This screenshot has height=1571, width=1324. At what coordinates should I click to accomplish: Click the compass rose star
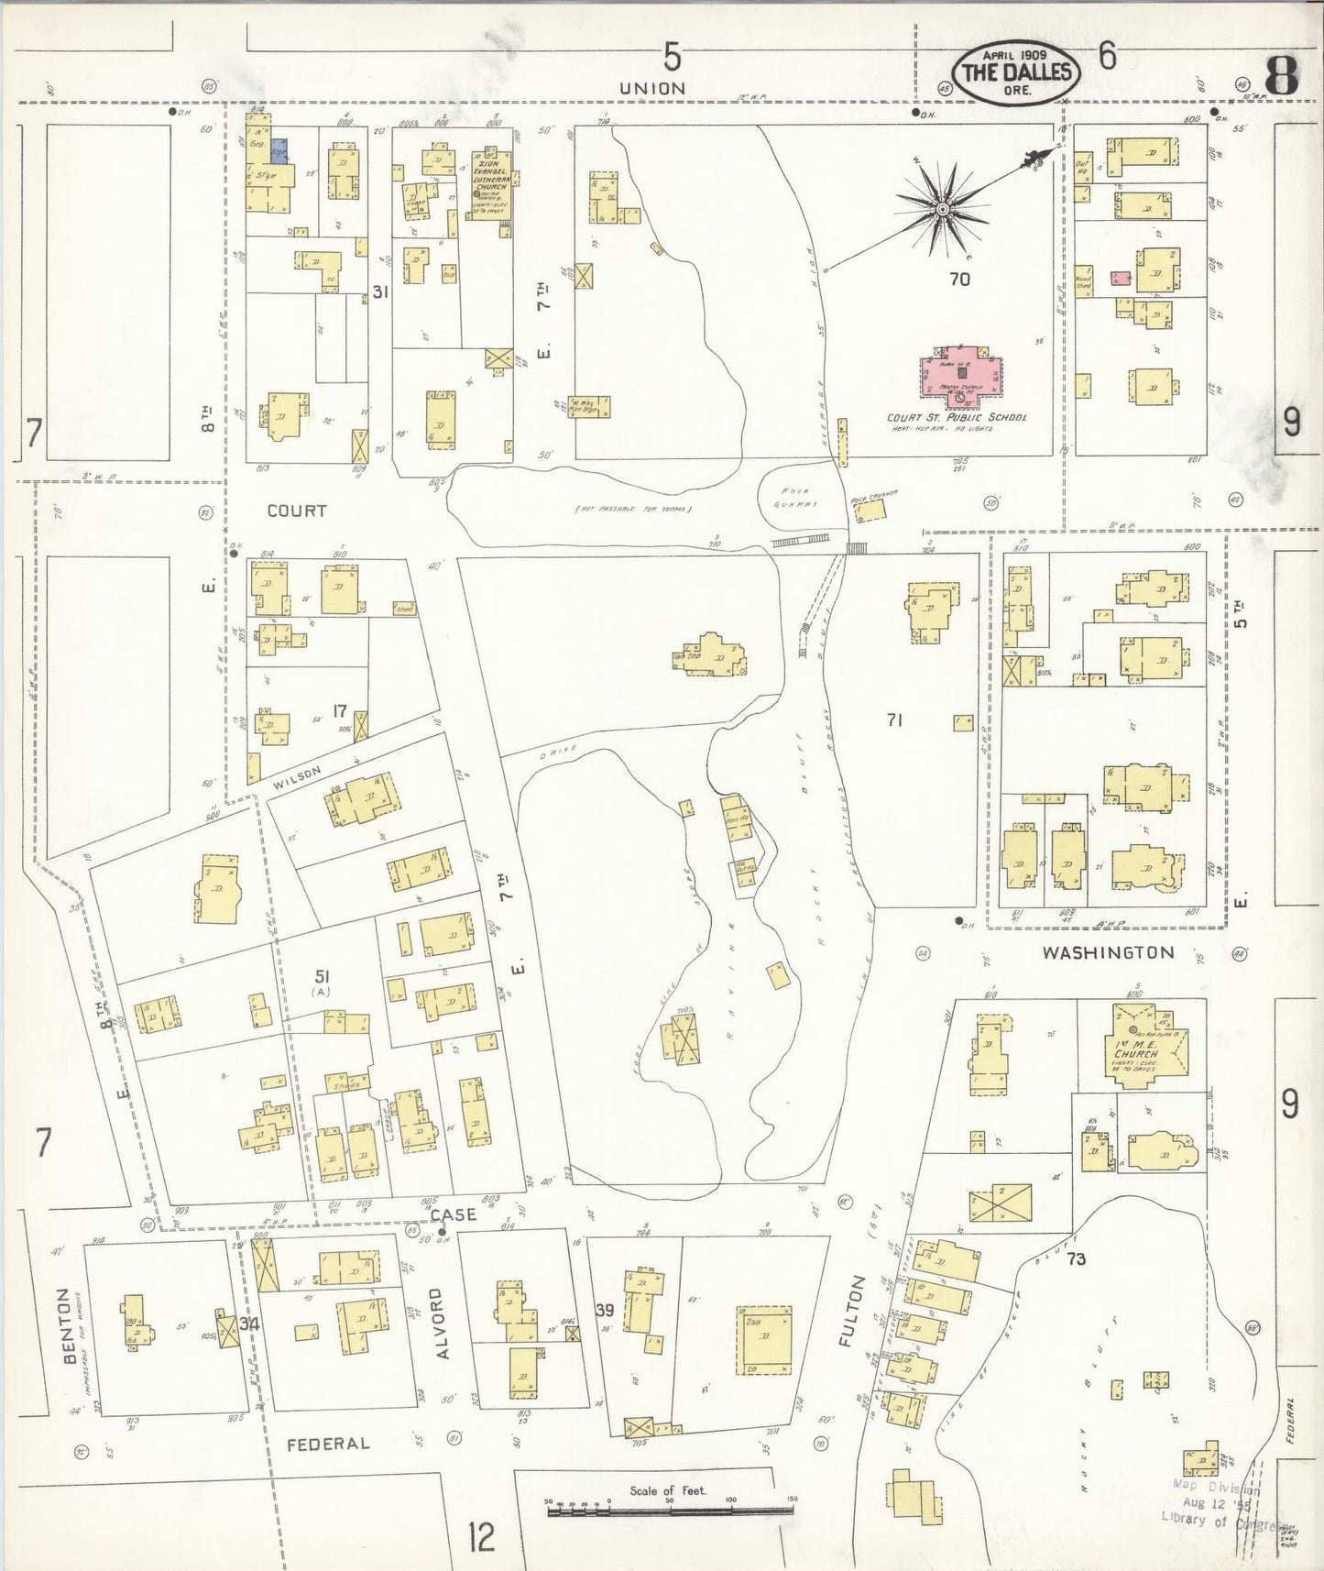pyautogui.click(x=941, y=211)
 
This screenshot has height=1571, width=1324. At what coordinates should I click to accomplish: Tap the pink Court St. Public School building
pyautogui.click(x=961, y=377)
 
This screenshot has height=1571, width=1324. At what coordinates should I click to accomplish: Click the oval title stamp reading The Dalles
pyautogui.click(x=1015, y=71)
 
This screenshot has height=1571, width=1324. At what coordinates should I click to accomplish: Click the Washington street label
pyautogui.click(x=1108, y=952)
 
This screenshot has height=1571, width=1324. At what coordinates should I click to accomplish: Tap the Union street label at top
pyautogui.click(x=651, y=88)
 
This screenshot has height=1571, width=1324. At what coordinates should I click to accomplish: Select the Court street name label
pyautogui.click(x=296, y=511)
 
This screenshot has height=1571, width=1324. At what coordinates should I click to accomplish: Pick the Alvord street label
pyautogui.click(x=436, y=1322)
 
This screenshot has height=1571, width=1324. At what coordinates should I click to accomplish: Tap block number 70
pyautogui.click(x=959, y=279)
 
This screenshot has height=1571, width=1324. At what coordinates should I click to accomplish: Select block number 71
pyautogui.click(x=894, y=720)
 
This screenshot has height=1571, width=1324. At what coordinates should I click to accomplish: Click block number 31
pyautogui.click(x=381, y=291)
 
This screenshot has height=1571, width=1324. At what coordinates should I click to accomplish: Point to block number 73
pyautogui.click(x=1076, y=1259)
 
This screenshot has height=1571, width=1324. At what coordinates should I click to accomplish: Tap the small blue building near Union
pyautogui.click(x=280, y=151)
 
